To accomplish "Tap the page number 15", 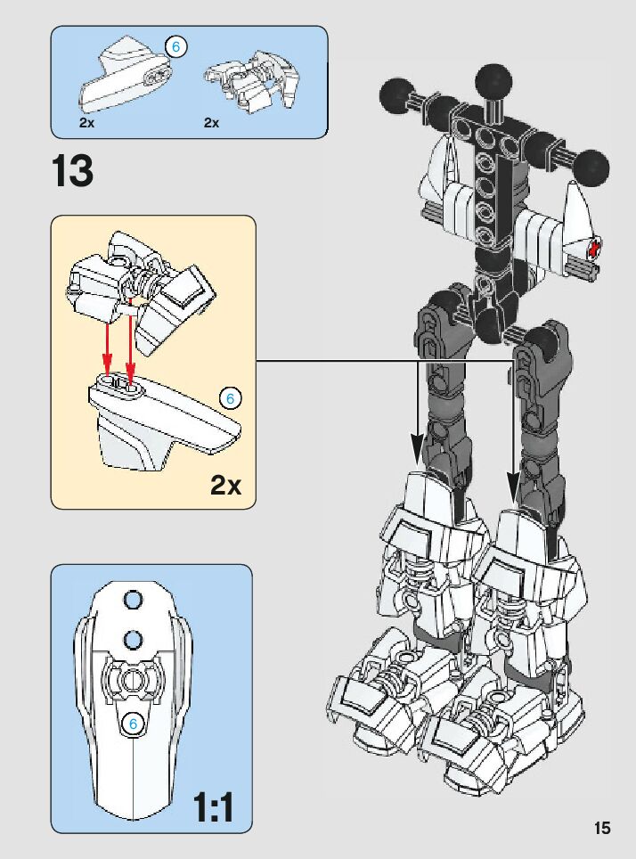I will click(x=603, y=828).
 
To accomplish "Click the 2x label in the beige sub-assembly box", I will click(x=226, y=485).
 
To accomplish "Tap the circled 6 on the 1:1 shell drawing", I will click(x=132, y=724).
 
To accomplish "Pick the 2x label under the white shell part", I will click(x=86, y=123).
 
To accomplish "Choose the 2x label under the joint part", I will click(x=211, y=123).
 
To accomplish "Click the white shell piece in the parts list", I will click(x=125, y=80).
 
